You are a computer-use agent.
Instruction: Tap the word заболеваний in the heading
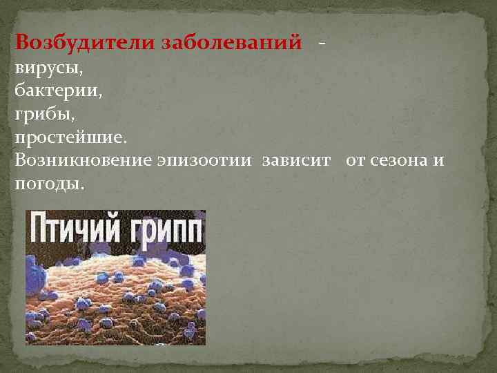232,43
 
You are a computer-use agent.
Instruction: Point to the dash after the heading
322,43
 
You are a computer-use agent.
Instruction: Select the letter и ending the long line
440,162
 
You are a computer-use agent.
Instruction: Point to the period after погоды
83,187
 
